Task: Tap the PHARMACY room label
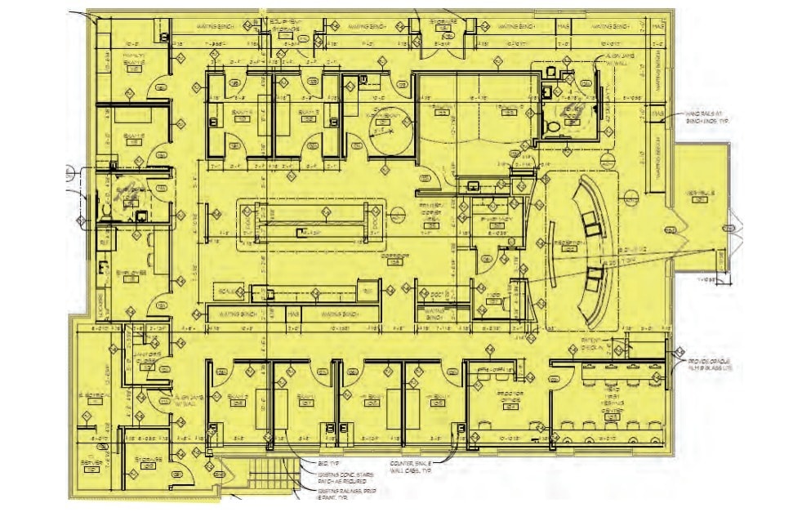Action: [x=495, y=221]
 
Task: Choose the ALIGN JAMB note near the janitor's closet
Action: [x=183, y=399]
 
